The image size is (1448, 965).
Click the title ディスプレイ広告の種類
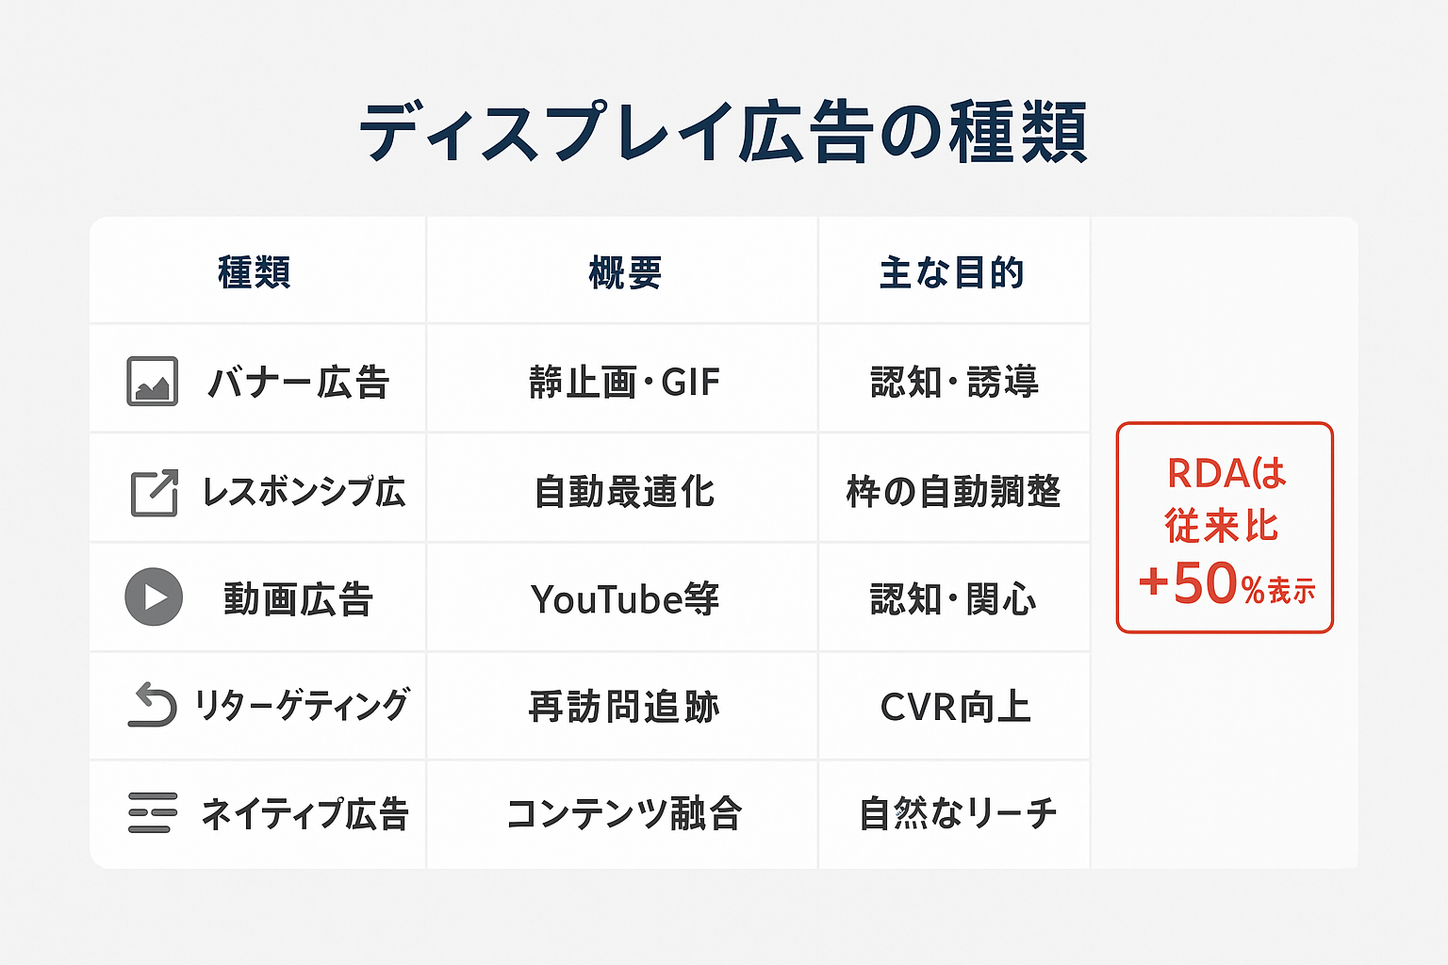[x=723, y=132]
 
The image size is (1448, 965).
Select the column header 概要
[x=624, y=273]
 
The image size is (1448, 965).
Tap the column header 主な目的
[x=951, y=273]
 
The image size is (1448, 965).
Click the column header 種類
[x=255, y=273]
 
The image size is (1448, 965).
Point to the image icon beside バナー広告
[x=152, y=382]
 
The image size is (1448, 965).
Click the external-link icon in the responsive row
[x=154, y=492]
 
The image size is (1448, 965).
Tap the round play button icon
[x=154, y=597]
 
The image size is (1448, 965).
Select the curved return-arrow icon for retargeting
[x=152, y=706]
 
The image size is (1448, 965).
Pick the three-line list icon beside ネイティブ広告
[x=152, y=812]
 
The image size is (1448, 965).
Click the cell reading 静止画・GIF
[x=624, y=383]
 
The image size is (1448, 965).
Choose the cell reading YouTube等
[x=624, y=599]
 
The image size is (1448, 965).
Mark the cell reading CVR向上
[x=954, y=707]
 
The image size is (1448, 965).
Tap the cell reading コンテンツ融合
[x=624, y=813]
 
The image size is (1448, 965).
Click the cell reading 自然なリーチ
[x=957, y=813]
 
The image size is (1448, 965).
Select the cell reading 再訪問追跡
[x=624, y=707]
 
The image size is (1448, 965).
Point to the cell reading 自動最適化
[x=624, y=492]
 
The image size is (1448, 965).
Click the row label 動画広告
[x=298, y=599]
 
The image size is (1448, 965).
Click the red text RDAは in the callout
[x=1226, y=473]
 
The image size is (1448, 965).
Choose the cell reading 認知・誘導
[x=954, y=383]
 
